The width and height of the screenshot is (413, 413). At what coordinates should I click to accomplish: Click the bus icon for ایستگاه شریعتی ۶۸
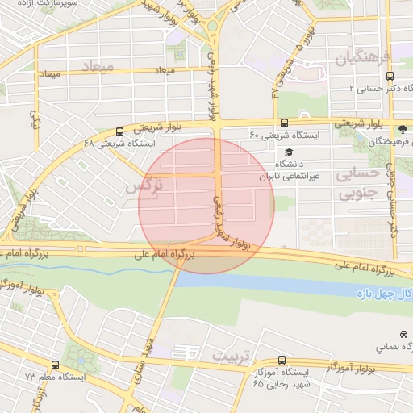(120, 131)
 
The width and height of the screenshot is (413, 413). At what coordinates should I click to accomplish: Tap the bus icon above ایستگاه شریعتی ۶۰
(284, 123)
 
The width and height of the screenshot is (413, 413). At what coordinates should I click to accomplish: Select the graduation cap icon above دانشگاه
(288, 152)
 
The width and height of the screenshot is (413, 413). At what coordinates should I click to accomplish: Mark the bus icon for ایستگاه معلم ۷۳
(55, 365)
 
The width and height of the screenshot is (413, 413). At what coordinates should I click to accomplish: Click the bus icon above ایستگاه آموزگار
(282, 361)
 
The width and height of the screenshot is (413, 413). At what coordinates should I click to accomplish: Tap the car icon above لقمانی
(403, 334)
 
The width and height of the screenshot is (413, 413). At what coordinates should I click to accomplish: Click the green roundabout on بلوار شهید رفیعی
(213, 29)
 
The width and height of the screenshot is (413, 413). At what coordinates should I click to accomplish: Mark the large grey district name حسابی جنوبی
(357, 184)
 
